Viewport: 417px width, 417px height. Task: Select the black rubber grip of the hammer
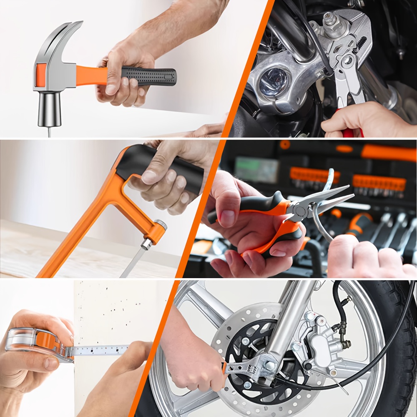point(148,77)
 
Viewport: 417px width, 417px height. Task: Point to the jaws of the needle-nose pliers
point(329,197)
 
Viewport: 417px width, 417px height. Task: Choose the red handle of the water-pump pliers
point(348,133)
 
